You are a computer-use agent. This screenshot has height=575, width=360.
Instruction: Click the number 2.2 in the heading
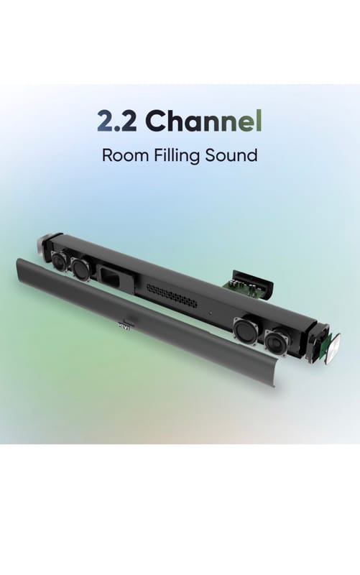click(117, 121)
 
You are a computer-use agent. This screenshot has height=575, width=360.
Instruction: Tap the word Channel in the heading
click(203, 120)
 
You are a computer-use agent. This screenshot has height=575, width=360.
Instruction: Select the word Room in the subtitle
click(124, 155)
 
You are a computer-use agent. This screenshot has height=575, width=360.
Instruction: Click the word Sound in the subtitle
click(231, 155)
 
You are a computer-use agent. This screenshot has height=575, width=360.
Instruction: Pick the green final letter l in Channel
click(259, 120)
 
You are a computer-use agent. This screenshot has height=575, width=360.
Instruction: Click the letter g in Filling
click(194, 157)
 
